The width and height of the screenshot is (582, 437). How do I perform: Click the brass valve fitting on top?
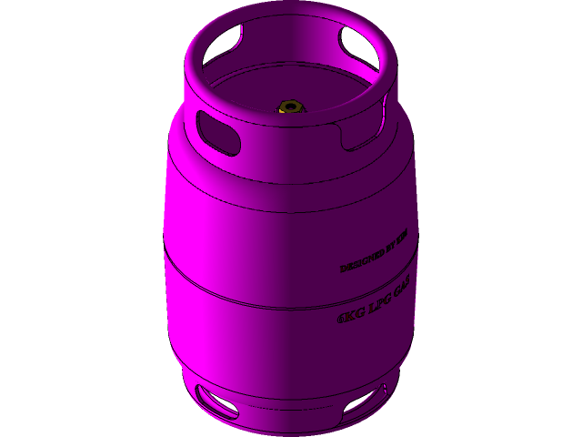point(290,108)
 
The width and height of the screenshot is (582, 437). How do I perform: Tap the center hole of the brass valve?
point(290,107)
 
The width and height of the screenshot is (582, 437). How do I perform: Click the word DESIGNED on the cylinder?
point(360,263)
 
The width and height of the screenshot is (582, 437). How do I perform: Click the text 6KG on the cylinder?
point(349,316)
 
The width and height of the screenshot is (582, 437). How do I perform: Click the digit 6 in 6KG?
point(341,320)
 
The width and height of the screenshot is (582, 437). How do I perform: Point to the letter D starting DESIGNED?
point(343,269)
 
